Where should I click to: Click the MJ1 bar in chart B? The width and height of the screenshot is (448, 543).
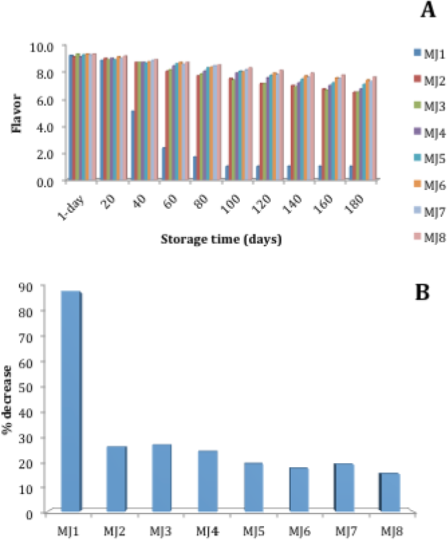point(72,401)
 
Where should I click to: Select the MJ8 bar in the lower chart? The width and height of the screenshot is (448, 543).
point(390,492)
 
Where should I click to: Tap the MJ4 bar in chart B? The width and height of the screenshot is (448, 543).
point(208,481)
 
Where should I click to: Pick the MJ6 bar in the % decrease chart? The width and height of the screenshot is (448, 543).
point(299,489)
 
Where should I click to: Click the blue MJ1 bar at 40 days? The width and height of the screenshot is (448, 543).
point(133,145)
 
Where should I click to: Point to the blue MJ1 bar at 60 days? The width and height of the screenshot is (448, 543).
point(164,163)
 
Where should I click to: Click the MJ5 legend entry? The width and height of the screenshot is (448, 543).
point(430,159)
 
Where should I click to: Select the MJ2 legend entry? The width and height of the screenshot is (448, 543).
point(430,81)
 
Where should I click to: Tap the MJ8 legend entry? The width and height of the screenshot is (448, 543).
point(430,238)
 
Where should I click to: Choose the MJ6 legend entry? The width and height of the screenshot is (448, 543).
point(430,186)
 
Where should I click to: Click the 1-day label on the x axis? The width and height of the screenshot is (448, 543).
point(72,208)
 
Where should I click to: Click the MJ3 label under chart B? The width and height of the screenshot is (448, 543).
point(161,531)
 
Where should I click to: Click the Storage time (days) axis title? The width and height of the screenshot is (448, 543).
point(221,240)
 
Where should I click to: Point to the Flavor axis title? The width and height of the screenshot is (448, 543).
point(16,113)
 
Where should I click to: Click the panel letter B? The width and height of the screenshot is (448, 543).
point(422,292)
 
